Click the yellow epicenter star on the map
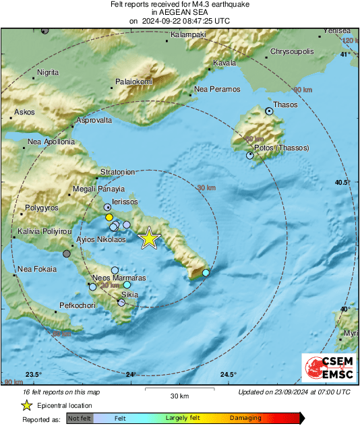click(x=149, y=238)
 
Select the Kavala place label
click(x=224, y=63)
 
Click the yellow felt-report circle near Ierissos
click(x=109, y=218)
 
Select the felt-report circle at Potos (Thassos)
click(x=250, y=155)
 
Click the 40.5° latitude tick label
click(x=343, y=182)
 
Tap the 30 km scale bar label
click(x=179, y=396)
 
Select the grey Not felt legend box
click(x=80, y=418)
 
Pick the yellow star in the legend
click(x=26, y=405)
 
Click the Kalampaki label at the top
click(x=188, y=34)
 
